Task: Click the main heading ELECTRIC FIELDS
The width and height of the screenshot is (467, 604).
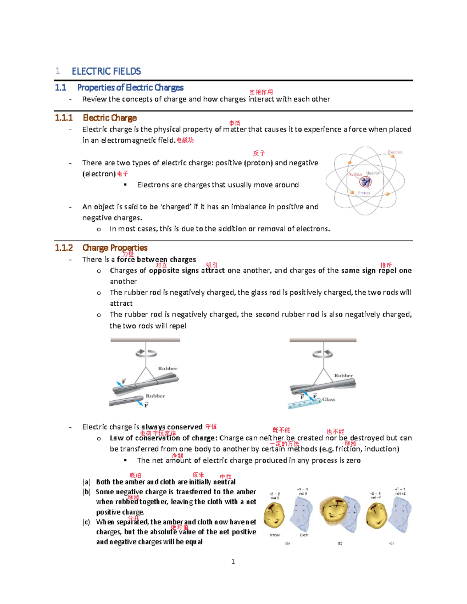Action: (106, 71)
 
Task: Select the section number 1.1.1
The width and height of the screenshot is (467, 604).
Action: (63, 118)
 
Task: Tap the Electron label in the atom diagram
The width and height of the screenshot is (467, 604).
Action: (395, 152)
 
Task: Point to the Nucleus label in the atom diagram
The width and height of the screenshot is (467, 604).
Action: (355, 174)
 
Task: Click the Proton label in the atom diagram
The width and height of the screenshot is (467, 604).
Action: (364, 193)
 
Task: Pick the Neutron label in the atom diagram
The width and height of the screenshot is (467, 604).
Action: (373, 173)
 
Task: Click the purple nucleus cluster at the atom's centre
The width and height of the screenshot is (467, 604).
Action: (365, 181)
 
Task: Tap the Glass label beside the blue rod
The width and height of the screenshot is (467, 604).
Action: (328, 399)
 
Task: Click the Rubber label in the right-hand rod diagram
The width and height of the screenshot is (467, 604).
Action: (343, 375)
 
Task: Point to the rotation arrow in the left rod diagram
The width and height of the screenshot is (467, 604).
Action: (146, 353)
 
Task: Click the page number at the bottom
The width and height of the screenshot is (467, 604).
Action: (233, 561)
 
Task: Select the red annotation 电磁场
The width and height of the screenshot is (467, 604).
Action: (185, 140)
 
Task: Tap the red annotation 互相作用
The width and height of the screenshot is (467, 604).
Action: (261, 92)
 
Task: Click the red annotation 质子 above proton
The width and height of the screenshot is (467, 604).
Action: (259, 153)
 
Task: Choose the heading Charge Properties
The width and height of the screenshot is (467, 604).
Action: (115, 248)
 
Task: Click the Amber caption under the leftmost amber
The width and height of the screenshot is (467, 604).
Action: (275, 535)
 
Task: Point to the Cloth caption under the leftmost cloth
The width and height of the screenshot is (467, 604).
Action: (304, 535)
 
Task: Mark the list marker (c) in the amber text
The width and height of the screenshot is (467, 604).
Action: (86, 522)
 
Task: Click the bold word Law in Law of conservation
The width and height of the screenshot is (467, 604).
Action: (116, 438)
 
